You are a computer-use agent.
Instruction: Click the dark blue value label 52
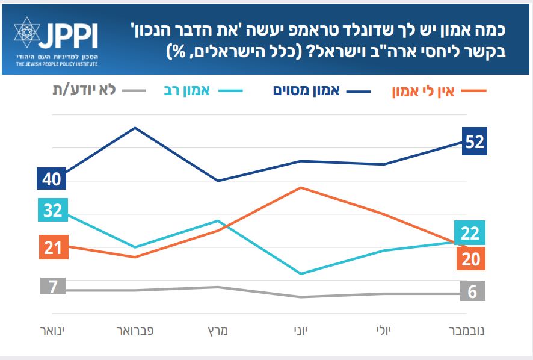tap(475, 141)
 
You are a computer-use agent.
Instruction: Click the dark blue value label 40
tap(52, 179)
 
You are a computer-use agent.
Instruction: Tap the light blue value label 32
tap(52, 210)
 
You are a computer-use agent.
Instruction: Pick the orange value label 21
tap(53, 247)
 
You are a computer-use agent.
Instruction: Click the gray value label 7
tap(53, 287)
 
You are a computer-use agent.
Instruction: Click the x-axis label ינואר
tap(52, 331)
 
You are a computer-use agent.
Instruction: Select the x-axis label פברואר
tap(135, 331)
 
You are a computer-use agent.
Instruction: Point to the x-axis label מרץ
tap(217, 331)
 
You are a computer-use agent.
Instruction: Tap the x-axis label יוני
tap(300, 331)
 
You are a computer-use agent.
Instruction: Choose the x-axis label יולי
tap(383, 331)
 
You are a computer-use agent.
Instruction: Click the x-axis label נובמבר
tap(467, 331)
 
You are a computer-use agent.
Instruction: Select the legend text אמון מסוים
tap(306, 91)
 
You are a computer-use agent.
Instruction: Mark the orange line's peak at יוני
tap(300, 187)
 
